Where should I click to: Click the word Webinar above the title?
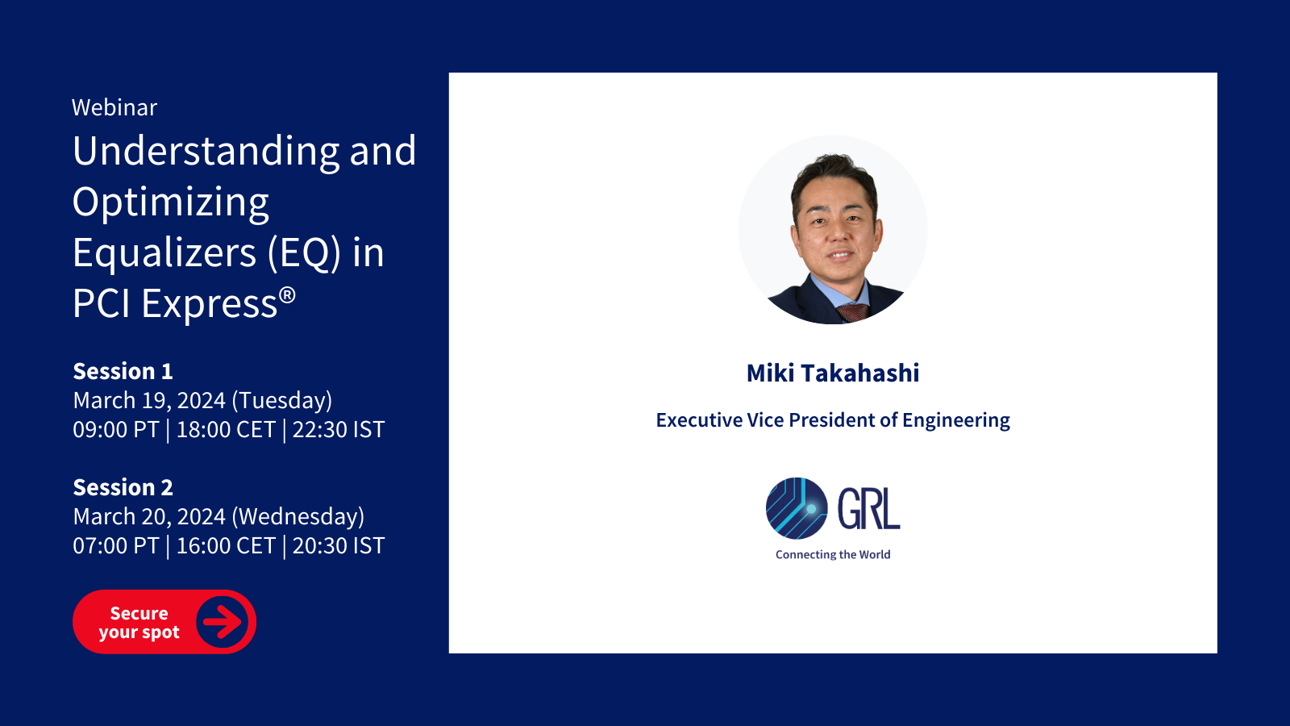coord(114,108)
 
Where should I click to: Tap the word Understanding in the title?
coord(206,152)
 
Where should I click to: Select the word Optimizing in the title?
coord(170,203)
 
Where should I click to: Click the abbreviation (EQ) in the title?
coord(304,253)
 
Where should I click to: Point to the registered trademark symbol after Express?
coord(287,295)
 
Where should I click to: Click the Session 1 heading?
coord(123,372)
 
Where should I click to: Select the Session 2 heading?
coord(123,487)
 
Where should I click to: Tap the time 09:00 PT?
coord(116,430)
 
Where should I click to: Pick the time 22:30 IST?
coord(339,430)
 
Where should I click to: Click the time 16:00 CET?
coord(226,545)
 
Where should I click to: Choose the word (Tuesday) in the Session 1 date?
coord(282,400)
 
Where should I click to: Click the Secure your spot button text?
coord(139,622)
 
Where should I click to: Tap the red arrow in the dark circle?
coord(223,621)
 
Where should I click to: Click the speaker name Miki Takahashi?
coord(833,373)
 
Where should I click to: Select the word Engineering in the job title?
coord(956,420)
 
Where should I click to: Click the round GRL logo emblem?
coord(797,508)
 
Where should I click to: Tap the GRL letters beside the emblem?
coord(868,508)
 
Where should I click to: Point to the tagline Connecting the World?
coord(833,554)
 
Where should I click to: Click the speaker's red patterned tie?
coord(852,311)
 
